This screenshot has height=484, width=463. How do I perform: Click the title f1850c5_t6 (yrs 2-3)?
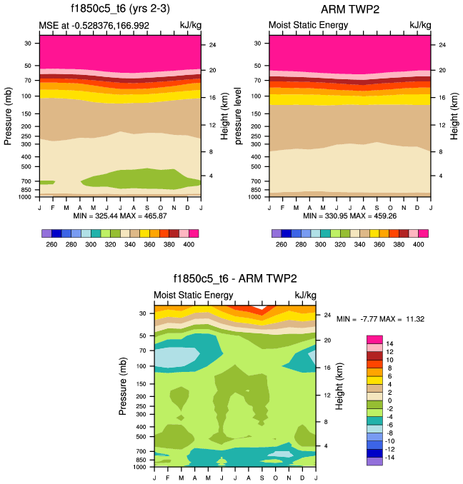120,9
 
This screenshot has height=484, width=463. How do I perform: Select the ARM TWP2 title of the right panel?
349,9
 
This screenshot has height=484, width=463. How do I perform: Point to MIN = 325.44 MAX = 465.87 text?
120,216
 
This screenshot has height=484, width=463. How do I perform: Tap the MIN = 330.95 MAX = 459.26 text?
349,216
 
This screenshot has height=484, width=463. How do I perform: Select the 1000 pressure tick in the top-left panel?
28,196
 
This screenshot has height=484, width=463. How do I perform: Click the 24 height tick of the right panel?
442,45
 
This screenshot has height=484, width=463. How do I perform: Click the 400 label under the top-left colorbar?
189,244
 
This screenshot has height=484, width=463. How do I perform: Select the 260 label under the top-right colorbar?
282,244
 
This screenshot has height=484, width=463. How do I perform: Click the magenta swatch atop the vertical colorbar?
374,339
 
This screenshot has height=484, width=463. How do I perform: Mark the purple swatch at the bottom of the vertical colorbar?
374,461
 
